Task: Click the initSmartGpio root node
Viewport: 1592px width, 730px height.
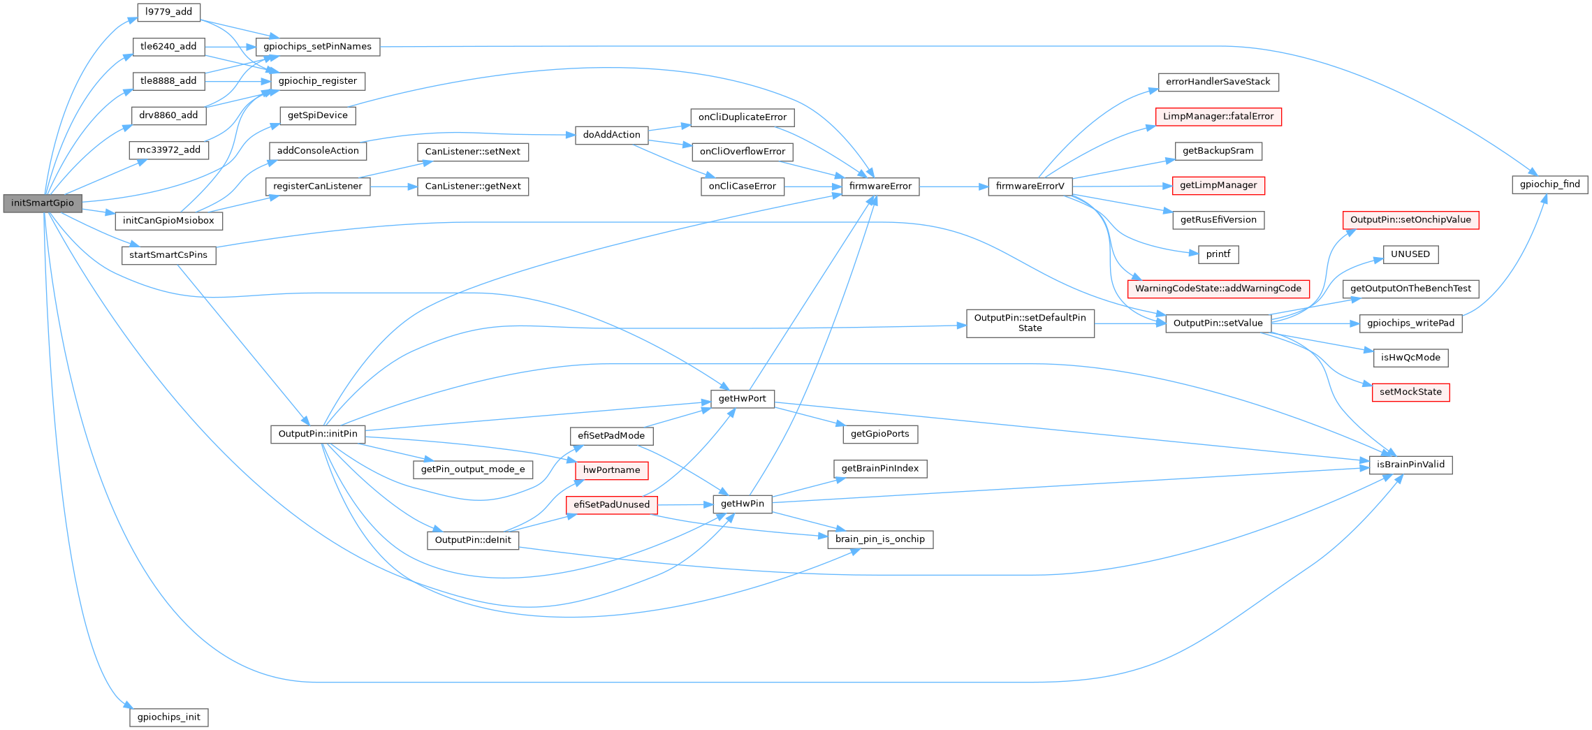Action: coord(42,203)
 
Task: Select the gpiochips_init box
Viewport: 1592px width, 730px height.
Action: coord(168,717)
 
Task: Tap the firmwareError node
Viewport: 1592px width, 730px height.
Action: coord(880,187)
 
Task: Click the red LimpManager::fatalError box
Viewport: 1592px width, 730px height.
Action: coord(1218,117)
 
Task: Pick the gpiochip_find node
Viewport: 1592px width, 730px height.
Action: coord(1549,184)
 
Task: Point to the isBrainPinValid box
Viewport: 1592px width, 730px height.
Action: coord(1410,465)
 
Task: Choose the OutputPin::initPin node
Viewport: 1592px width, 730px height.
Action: coord(318,434)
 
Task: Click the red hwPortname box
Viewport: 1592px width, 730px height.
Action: coord(611,470)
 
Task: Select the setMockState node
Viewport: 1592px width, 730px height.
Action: coord(1410,392)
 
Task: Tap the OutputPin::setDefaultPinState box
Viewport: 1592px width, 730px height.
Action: coord(1030,323)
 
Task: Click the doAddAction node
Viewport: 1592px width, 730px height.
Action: coord(611,135)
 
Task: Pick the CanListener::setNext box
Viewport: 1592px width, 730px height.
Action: coord(472,152)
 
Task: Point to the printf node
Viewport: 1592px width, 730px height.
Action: coord(1218,254)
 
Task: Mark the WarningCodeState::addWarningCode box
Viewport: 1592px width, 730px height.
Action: coord(1218,289)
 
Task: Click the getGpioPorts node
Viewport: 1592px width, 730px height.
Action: coord(879,434)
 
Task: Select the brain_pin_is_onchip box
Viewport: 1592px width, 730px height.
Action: coord(879,539)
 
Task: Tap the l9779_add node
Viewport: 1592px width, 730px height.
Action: coord(168,12)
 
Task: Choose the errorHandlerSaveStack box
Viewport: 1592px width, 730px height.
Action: coord(1218,82)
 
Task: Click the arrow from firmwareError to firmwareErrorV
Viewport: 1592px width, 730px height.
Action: coord(954,187)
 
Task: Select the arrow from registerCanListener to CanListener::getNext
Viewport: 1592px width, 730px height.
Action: coord(393,187)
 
